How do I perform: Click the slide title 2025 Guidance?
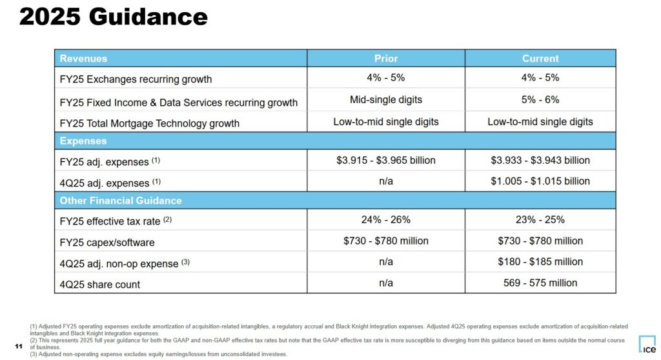(x=113, y=17)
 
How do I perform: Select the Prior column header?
(x=386, y=58)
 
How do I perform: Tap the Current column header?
(x=540, y=58)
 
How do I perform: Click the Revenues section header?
(x=84, y=58)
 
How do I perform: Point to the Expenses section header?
(x=83, y=141)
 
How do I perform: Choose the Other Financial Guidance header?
(x=121, y=201)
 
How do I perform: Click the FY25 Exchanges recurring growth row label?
(x=136, y=79)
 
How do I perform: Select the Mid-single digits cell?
(x=386, y=100)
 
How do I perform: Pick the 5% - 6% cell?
(x=540, y=100)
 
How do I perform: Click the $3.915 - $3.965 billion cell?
(x=386, y=160)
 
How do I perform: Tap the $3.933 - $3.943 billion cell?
(x=540, y=160)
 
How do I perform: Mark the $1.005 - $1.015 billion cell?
(x=540, y=181)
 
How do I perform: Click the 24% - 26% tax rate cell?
(x=386, y=219)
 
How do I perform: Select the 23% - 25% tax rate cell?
(x=540, y=219)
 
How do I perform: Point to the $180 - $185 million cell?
(x=540, y=262)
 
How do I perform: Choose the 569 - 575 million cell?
(x=540, y=283)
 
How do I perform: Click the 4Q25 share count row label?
(x=100, y=284)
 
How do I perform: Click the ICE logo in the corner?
(x=646, y=344)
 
